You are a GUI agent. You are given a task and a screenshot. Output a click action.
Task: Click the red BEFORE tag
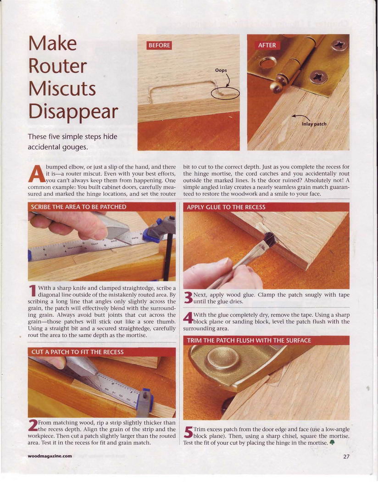(159, 45)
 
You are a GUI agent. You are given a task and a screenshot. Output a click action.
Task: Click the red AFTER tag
(267, 45)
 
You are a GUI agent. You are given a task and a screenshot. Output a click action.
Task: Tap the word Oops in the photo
(221, 70)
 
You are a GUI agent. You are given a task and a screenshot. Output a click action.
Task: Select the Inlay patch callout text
(314, 124)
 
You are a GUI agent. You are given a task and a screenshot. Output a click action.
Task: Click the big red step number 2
(33, 426)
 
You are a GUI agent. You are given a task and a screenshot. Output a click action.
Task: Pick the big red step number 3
(188, 298)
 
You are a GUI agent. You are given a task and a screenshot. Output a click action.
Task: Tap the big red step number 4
(188, 318)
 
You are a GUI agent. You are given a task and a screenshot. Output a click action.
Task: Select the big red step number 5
(188, 432)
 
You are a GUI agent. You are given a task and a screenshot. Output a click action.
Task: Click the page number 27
(346, 456)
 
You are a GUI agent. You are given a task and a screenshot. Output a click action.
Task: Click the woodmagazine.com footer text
(50, 456)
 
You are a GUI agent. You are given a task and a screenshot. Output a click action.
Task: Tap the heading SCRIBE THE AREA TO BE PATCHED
(78, 207)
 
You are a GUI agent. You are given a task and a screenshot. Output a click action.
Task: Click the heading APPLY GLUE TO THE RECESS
(226, 207)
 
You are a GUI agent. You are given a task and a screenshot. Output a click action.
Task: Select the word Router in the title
(58, 66)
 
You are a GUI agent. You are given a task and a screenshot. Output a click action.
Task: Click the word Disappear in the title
(73, 112)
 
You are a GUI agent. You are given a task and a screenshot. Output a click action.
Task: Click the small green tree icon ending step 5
(332, 443)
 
